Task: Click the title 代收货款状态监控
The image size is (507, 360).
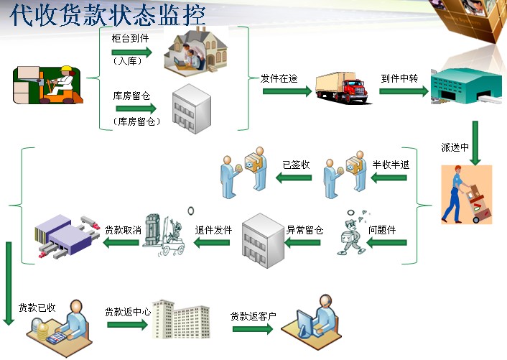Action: [108, 14]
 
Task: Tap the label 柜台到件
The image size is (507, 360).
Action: [130, 38]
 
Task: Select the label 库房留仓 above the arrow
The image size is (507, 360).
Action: [131, 95]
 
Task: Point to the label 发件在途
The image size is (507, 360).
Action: [279, 78]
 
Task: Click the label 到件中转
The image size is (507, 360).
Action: [399, 78]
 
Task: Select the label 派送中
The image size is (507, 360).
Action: [455, 148]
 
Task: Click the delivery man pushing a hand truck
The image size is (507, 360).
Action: [465, 192]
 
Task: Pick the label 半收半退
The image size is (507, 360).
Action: [391, 165]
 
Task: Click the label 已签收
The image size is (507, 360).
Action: [296, 165]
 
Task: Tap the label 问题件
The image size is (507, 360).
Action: [382, 231]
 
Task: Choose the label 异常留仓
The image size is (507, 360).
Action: [304, 231]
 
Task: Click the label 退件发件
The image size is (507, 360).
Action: [213, 231]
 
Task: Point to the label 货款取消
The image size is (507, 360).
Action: [122, 231]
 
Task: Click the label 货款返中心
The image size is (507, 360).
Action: [127, 312]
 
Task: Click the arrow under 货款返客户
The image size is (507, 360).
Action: [253, 329]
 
